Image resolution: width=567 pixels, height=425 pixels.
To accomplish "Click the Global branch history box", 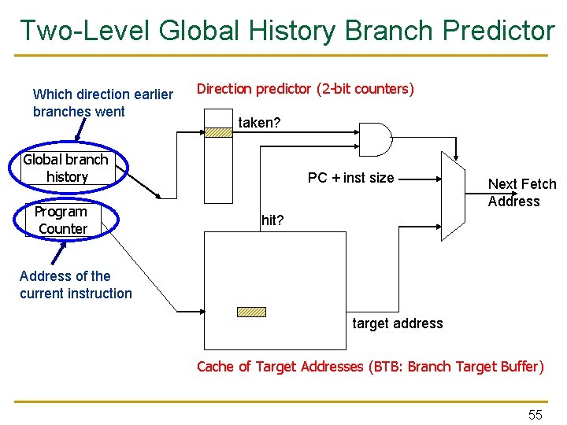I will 66,168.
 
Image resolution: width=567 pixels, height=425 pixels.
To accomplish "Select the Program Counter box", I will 62,220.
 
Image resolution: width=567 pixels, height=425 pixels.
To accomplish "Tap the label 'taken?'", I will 259,123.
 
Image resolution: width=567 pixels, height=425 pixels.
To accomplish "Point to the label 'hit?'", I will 272,220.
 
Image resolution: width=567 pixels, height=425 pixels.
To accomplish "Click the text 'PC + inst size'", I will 350,178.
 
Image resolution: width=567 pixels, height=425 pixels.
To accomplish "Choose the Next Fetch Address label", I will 521,193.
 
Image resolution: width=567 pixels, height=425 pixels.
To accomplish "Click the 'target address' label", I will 397,323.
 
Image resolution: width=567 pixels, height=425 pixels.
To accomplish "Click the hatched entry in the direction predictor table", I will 219,133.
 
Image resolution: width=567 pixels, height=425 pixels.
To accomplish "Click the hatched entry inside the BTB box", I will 252,312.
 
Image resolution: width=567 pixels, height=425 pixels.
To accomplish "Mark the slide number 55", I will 535,415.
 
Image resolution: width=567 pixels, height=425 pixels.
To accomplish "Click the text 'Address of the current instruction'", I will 76,285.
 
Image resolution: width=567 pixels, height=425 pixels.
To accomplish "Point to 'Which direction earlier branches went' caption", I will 102,103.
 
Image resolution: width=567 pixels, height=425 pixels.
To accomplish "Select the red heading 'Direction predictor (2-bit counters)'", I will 305,89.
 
